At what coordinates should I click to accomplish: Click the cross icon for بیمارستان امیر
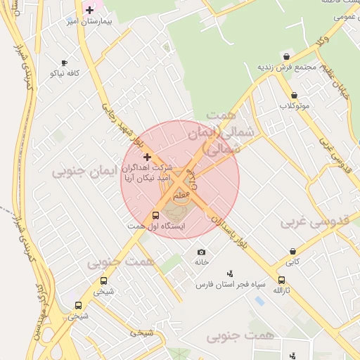point(89,10)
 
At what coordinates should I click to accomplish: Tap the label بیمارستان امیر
point(89,22)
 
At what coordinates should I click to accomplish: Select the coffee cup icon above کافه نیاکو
point(65,63)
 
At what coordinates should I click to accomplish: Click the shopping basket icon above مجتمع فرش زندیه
point(286,56)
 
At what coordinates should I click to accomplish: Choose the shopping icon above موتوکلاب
point(294,95)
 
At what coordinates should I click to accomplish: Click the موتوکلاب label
point(294,105)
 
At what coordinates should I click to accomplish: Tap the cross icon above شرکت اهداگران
point(147,157)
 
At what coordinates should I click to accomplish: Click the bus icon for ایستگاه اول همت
point(155,216)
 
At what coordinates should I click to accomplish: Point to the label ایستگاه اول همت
point(156,226)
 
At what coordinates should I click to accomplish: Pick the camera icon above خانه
point(202,252)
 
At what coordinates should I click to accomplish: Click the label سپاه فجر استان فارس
point(229,285)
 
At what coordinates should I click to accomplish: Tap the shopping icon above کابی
point(292,251)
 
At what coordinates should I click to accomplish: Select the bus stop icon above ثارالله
point(281,280)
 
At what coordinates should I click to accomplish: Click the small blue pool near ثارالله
point(260,300)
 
